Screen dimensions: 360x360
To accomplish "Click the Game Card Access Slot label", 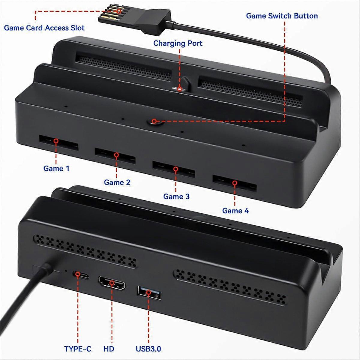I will coord(44,28).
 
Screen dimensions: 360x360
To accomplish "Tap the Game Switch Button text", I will coord(282,16).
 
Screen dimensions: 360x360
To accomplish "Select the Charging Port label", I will coord(178,43).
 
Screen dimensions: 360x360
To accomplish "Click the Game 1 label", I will coord(56,168).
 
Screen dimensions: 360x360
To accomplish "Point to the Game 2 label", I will coord(117,182).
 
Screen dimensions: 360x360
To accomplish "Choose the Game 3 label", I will coord(176,196).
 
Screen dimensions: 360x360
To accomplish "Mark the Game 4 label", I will coord(235,211).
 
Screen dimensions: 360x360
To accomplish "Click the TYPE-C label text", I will coord(78,349).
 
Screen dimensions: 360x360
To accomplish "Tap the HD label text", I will coord(109,349).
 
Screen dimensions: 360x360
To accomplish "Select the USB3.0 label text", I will coord(148,349).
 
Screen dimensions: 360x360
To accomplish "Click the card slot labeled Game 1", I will coord(58,143).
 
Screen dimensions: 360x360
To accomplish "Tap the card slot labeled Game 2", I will coord(115,155).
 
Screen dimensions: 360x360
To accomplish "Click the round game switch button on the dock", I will coord(154,121).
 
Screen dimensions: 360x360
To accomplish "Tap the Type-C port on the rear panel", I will coord(78,274).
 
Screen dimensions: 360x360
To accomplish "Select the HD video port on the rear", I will coord(112,283).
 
